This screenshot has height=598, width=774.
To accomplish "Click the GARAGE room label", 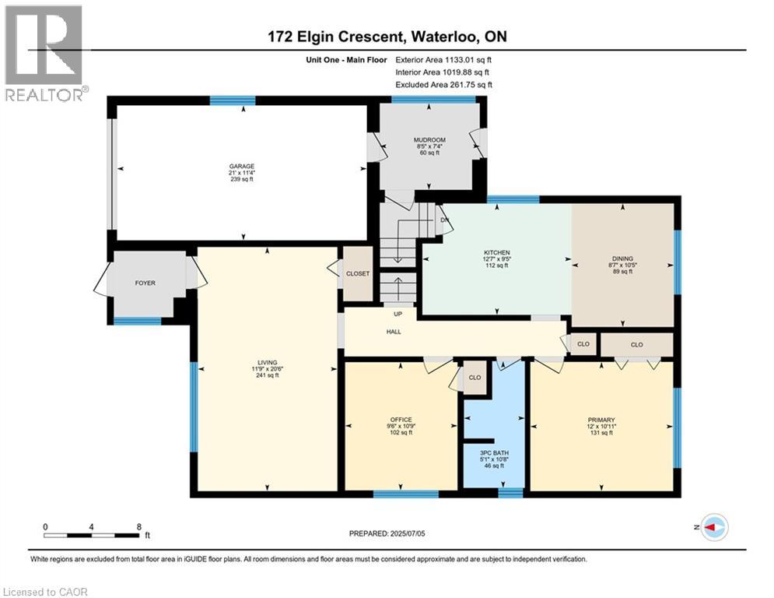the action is tap(242, 167).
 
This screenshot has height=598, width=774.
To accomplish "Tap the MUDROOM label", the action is tap(429, 140).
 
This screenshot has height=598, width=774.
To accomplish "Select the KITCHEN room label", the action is tap(496, 252).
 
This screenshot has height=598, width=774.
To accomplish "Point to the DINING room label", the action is tap(622, 259).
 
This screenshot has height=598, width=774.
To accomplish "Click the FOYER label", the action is tap(145, 283).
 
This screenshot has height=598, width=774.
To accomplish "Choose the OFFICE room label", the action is tap(401, 420).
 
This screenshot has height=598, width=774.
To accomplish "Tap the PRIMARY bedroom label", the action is tap(601, 420).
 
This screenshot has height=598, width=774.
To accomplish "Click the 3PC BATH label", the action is tap(494, 452).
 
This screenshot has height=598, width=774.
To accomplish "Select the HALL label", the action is tap(394, 332).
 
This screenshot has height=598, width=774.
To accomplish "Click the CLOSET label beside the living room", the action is tap(358, 273).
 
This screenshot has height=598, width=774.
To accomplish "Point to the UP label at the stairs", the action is tap(398, 314).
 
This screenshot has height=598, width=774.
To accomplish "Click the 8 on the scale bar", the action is tap(139, 527).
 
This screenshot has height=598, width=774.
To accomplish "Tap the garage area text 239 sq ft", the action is tap(242, 179).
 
